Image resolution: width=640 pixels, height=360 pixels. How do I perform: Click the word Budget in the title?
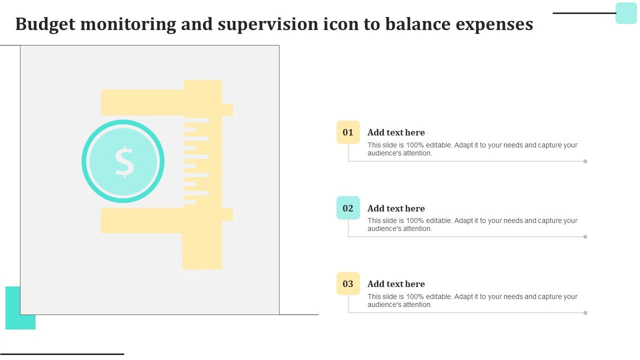pos(45,24)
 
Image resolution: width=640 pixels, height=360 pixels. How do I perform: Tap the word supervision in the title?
pos(268,24)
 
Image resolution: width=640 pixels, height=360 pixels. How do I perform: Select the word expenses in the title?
pos(494,25)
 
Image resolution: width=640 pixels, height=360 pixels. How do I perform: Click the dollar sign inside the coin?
pos(124,161)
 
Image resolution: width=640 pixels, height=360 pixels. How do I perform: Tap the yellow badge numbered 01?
pos(348,132)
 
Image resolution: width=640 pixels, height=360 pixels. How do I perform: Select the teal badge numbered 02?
pos(348,208)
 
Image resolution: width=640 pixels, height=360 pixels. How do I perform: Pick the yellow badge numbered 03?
pos(348,283)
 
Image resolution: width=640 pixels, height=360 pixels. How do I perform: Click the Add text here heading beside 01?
pos(396,132)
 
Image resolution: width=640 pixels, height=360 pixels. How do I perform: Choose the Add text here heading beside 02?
pos(396,208)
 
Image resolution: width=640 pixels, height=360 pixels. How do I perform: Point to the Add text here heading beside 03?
pos(396,284)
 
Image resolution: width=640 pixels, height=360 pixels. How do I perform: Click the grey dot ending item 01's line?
pos(585,161)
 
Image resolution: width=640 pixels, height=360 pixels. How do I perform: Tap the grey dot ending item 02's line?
pos(585,237)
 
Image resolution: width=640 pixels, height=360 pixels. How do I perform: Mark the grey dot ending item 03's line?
pos(585,313)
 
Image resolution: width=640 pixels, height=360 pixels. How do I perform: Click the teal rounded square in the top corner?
pos(626,13)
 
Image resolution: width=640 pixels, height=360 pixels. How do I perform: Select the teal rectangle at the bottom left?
pos(13,308)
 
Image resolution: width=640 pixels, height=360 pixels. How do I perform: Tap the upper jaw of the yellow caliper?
pos(143,102)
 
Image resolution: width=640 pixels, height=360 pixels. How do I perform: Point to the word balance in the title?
pos(418,24)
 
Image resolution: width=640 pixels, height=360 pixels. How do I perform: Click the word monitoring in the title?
pos(128,25)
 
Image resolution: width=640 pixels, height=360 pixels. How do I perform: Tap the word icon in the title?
pos(341,24)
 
